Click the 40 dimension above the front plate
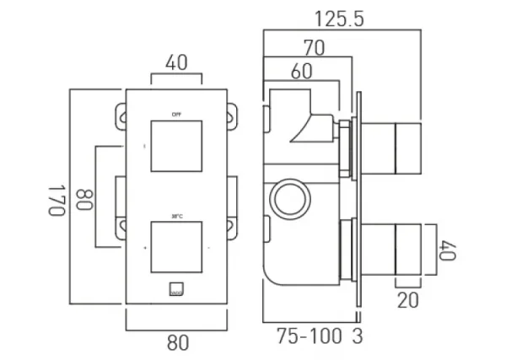click(176, 62)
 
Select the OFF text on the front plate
click(176, 112)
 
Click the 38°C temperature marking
click(176, 214)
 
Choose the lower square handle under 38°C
click(176, 248)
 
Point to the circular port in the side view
click(288, 200)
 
